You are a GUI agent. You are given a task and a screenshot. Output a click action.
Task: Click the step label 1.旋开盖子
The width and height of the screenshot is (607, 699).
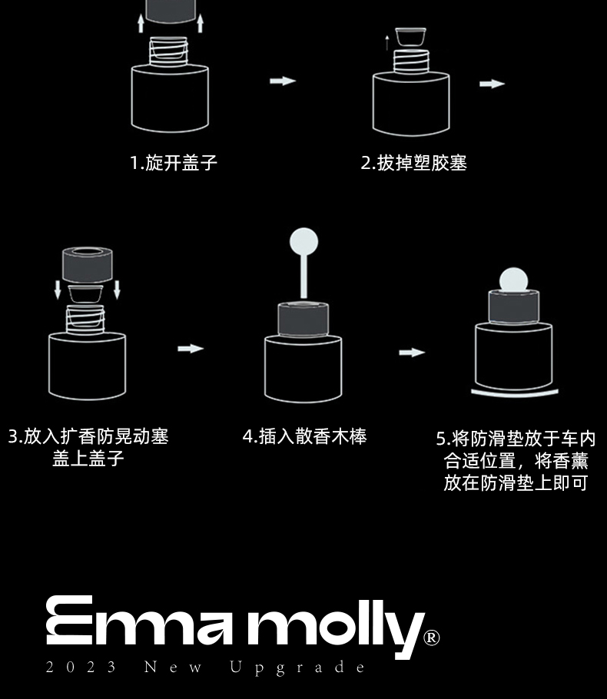(x=174, y=163)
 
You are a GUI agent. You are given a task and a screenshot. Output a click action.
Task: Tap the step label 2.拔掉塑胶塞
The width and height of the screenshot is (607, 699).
(x=414, y=163)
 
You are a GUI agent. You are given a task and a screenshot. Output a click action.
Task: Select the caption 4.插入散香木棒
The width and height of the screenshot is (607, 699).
(x=305, y=436)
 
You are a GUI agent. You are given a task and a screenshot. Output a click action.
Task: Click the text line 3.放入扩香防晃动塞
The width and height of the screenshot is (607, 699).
(x=88, y=436)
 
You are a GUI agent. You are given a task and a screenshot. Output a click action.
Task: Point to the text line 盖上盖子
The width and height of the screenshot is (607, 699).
(x=88, y=459)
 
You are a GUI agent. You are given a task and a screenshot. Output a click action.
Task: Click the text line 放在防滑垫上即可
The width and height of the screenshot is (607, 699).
(x=516, y=483)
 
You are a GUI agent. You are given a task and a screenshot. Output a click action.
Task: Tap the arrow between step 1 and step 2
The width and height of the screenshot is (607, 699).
(x=283, y=81)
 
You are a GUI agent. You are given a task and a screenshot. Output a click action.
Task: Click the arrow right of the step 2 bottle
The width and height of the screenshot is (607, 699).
(x=492, y=84)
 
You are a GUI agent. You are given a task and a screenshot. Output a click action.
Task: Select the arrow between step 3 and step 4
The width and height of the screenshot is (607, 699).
(x=191, y=349)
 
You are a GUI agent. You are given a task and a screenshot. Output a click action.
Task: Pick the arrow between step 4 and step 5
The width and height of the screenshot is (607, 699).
(x=412, y=353)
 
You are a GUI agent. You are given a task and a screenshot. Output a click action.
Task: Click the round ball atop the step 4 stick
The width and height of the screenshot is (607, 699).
(x=303, y=241)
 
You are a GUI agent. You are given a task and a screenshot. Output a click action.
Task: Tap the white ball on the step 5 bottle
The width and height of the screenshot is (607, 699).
(x=513, y=280)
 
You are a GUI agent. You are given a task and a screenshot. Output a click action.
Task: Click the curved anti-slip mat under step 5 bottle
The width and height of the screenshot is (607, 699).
(x=514, y=393)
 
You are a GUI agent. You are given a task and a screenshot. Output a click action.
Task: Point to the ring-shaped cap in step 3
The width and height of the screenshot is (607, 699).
(x=88, y=264)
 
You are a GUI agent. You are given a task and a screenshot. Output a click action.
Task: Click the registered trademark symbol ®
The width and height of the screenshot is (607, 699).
(x=432, y=638)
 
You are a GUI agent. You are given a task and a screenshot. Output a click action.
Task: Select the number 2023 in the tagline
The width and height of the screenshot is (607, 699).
(x=81, y=667)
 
